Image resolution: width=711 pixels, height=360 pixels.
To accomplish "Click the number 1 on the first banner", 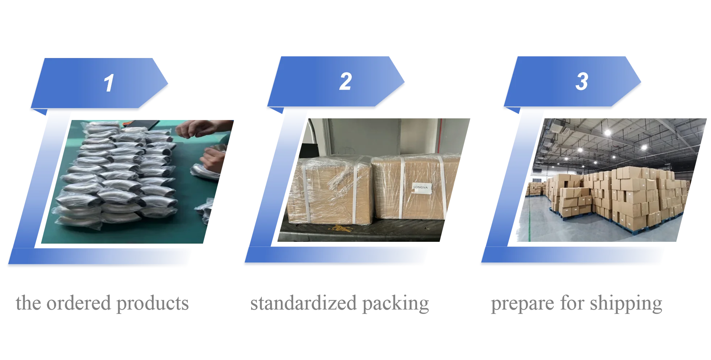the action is pyautogui.click(x=109, y=83).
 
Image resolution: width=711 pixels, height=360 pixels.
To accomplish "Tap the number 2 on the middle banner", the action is pyautogui.click(x=345, y=82).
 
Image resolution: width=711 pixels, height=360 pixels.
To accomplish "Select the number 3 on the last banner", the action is pyautogui.click(x=581, y=82).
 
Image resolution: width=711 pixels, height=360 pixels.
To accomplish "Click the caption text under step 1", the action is pyautogui.click(x=102, y=303).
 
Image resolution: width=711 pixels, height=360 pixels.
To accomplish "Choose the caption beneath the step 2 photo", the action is pyautogui.click(x=339, y=303).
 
